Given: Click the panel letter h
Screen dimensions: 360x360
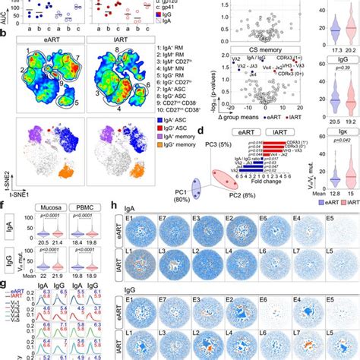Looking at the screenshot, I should click(x=115, y=206).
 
